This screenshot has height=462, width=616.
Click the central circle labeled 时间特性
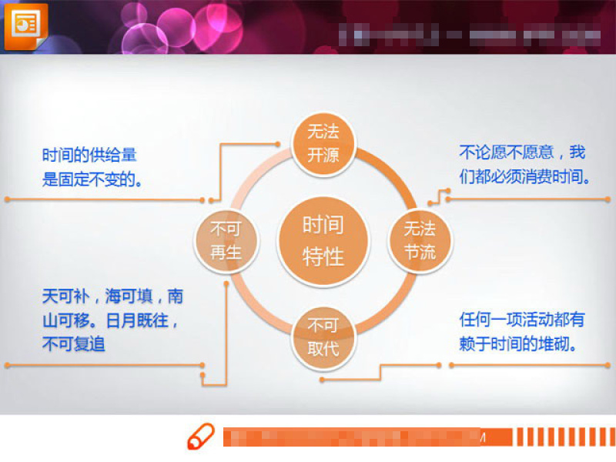[323, 240]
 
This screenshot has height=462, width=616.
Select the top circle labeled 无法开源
[323, 142]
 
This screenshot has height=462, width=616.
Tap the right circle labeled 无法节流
[420, 240]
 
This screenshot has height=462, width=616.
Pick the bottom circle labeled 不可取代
[323, 337]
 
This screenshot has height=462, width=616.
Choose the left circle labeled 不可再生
[226, 240]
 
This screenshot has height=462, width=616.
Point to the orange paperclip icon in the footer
[201, 436]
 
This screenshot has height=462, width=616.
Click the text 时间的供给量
[89, 156]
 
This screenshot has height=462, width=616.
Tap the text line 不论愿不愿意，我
[522, 152]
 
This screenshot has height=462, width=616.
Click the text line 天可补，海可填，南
[112, 296]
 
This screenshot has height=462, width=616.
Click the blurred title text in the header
[470, 35]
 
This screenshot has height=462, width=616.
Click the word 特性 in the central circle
[323, 256]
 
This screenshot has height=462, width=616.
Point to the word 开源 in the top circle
[323, 154]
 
